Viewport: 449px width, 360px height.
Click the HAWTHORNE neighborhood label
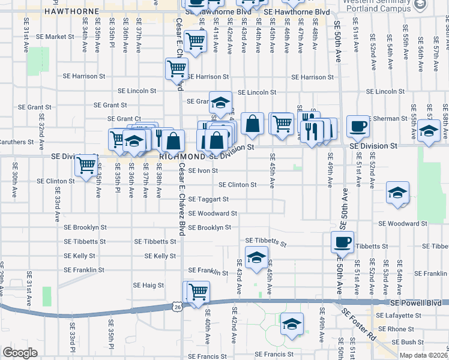[63, 11]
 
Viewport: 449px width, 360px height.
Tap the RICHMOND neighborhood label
[182, 156]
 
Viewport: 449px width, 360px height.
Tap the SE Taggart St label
[208, 199]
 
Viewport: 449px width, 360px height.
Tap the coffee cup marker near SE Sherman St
[358, 126]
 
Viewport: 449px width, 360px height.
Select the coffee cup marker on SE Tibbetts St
[342, 242]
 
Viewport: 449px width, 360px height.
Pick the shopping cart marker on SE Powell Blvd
[199, 292]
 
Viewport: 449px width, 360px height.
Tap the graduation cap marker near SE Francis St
[292, 324]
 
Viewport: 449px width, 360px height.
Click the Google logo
[20, 353]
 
